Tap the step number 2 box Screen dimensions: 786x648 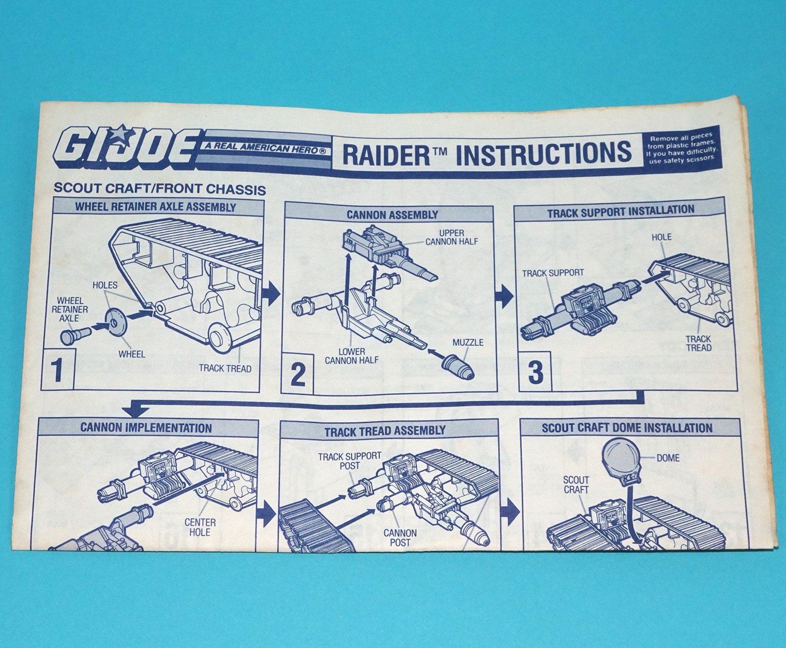click(x=298, y=374)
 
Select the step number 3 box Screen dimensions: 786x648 click(x=535, y=372)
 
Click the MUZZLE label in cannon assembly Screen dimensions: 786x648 click(x=468, y=343)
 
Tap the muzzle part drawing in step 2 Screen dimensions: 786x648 click(x=458, y=368)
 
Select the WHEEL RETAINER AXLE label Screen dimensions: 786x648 click(x=70, y=309)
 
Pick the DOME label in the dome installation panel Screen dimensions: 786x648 click(x=668, y=458)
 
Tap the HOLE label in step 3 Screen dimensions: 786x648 click(x=661, y=237)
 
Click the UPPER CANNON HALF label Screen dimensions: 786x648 click(x=451, y=237)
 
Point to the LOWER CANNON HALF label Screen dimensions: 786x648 click(x=351, y=356)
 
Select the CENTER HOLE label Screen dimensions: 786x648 click(x=200, y=527)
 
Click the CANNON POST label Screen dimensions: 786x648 click(x=399, y=538)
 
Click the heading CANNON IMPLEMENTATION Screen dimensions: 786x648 click(x=146, y=427)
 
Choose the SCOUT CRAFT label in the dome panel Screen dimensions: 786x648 click(x=576, y=485)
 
